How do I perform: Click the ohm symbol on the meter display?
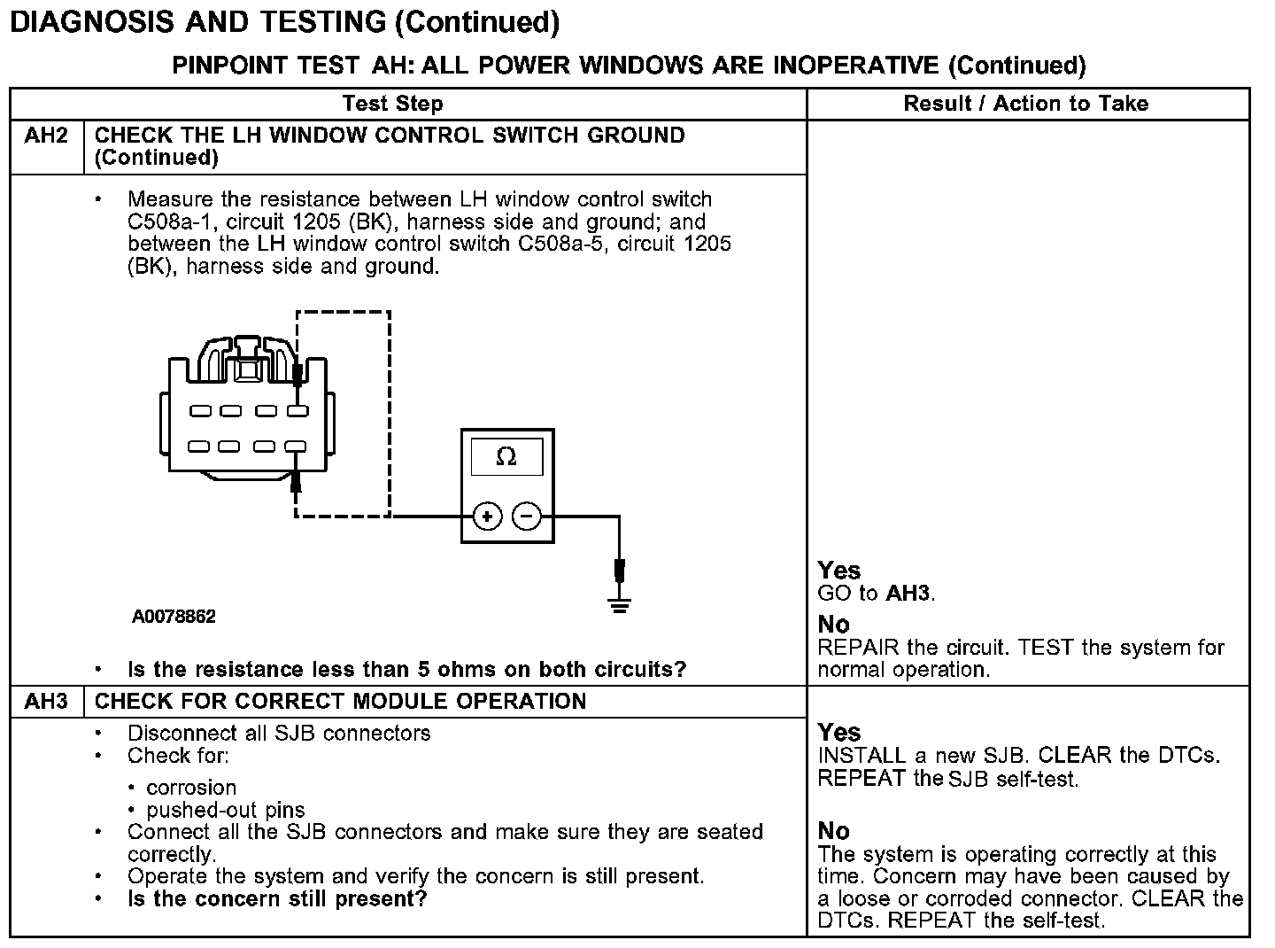(506, 457)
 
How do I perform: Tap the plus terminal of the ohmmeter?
(487, 517)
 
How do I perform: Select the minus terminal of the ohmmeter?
(528, 517)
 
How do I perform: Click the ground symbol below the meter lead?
(620, 605)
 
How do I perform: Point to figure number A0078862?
(174, 617)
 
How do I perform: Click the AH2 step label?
(46, 136)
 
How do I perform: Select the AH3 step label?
(46, 702)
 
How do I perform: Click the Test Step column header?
(392, 104)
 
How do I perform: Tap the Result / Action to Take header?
(1025, 104)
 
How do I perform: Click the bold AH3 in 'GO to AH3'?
(908, 594)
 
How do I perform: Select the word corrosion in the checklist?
(191, 788)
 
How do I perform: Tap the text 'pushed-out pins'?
(226, 810)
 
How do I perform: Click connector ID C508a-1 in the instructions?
(167, 221)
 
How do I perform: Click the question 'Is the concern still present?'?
(277, 899)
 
